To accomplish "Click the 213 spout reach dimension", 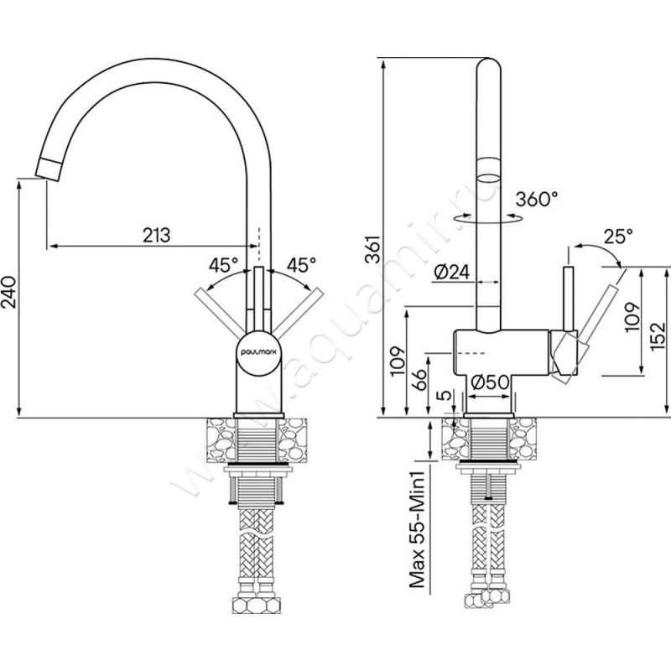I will (x=156, y=235).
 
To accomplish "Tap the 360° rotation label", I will (x=537, y=200).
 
